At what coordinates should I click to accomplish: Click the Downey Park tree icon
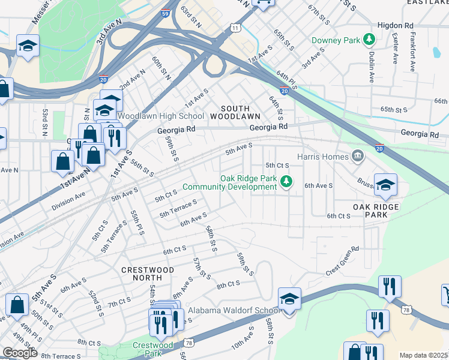[369, 40]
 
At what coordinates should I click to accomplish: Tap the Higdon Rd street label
[396, 26]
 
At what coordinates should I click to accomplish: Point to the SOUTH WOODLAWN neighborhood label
[235, 111]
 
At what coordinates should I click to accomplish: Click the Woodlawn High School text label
[161, 116]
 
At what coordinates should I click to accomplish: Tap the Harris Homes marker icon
[358, 157]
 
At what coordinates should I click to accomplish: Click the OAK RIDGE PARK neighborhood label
[376, 211]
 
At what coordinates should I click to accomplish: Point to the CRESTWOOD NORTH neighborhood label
[148, 274]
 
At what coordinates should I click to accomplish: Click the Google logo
[19, 353]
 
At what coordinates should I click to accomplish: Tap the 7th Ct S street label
[120, 304]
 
